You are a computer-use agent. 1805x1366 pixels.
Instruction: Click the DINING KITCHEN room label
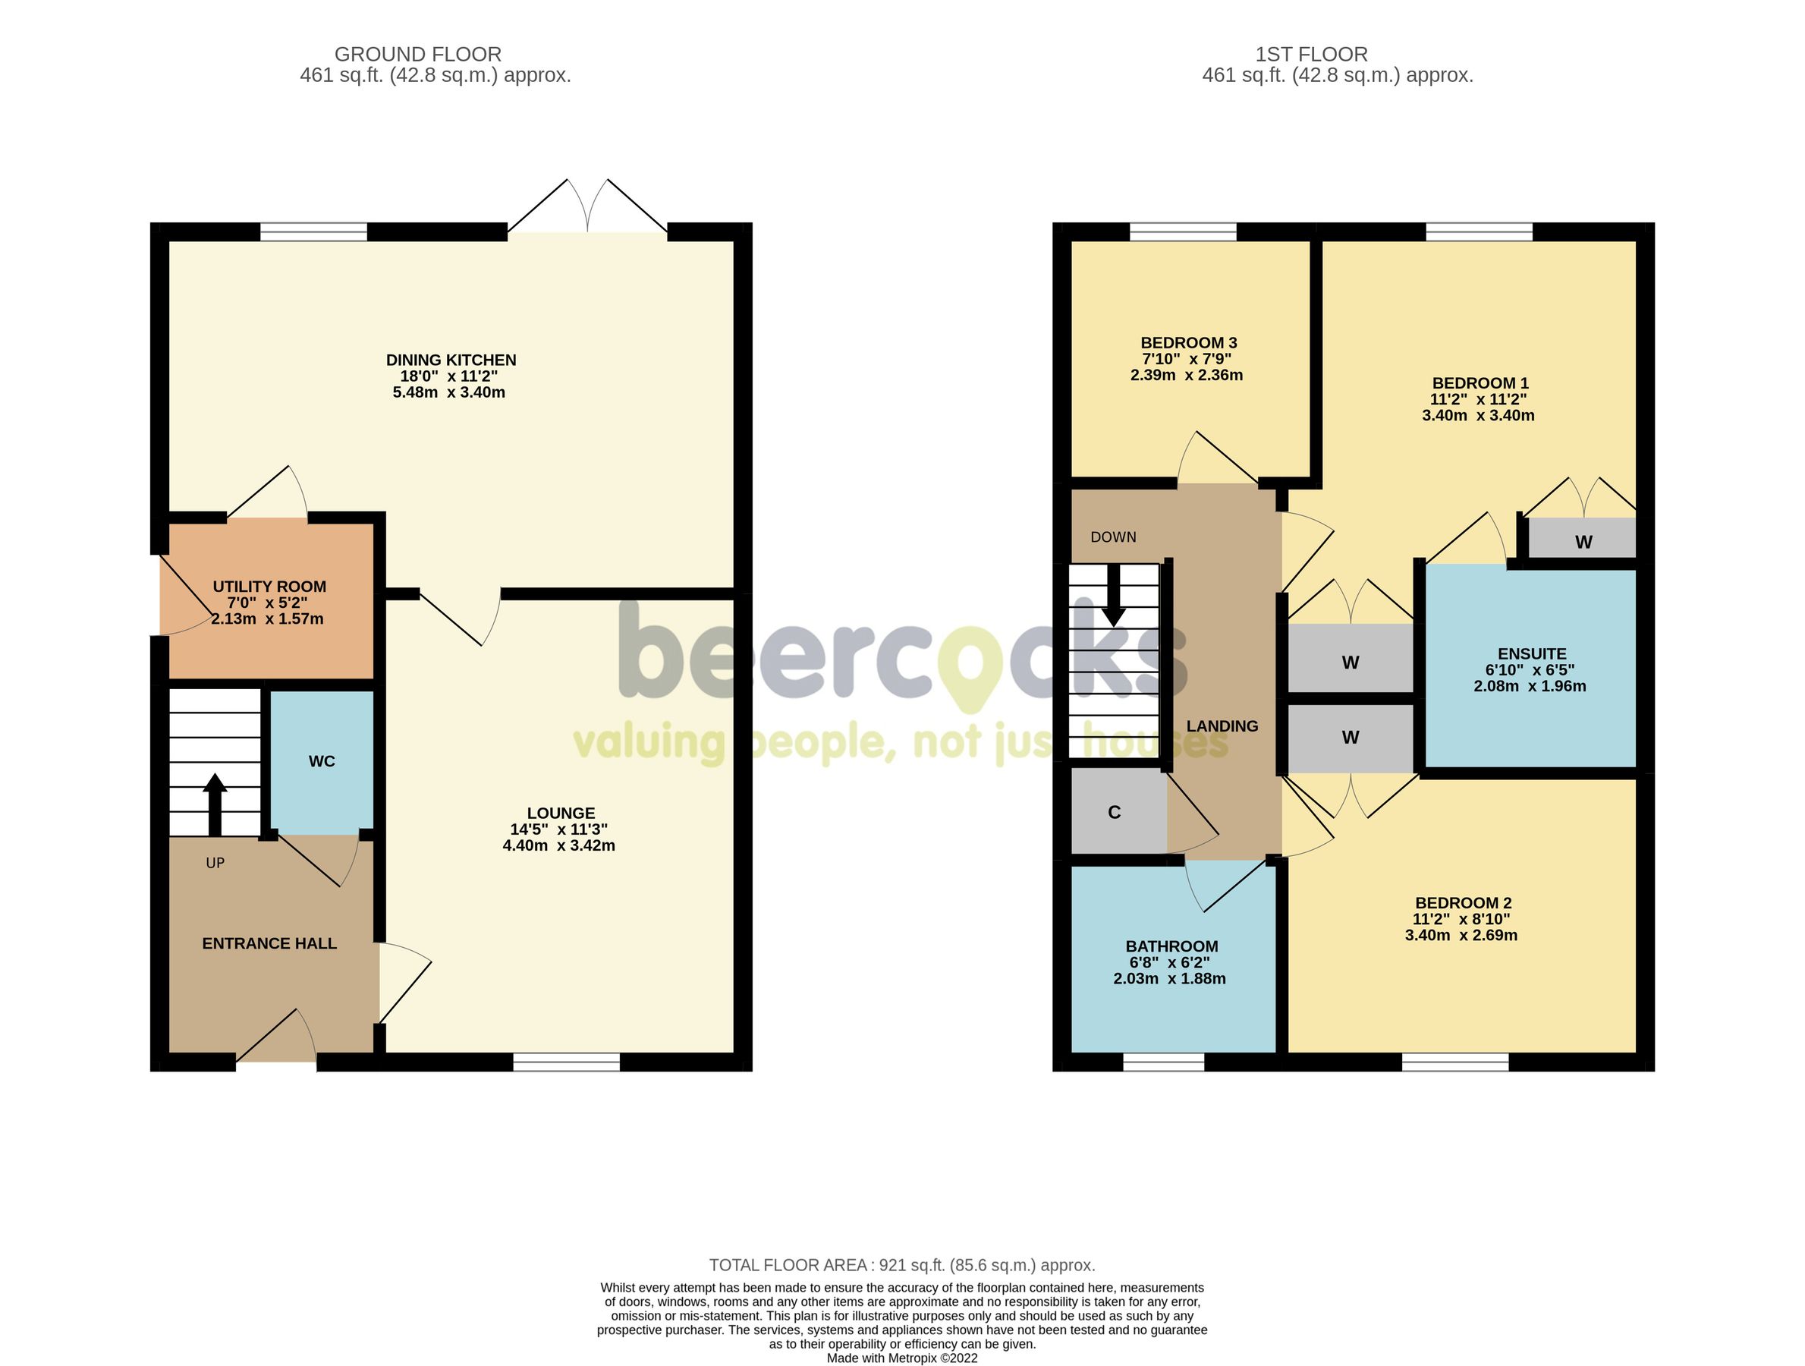[451, 360]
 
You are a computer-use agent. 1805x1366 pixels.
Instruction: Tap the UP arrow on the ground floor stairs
[215, 804]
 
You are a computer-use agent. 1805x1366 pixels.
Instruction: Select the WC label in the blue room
[322, 761]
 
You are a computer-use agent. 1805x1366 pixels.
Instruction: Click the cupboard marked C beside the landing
[1114, 812]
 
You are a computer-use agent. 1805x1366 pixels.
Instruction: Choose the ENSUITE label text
[1532, 653]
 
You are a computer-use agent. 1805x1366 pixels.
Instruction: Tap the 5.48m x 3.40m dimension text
[449, 392]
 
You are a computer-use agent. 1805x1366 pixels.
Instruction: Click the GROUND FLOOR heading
[418, 55]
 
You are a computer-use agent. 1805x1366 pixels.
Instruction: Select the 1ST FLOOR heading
[1310, 55]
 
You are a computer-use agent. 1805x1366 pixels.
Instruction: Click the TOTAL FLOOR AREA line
[901, 1265]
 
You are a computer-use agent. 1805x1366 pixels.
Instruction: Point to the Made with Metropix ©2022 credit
[901, 1358]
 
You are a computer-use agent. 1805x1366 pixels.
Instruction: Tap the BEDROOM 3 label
[1188, 343]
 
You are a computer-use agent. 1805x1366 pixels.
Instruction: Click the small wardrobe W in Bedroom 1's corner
[1583, 542]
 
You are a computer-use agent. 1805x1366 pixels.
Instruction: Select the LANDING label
[1222, 726]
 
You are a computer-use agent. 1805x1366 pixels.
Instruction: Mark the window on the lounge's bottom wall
[566, 1061]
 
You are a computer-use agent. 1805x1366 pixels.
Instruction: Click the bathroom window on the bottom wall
[1163, 1061]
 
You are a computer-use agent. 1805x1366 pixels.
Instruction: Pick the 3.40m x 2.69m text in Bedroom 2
[1461, 935]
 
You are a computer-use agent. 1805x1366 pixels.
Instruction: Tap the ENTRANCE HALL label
[269, 943]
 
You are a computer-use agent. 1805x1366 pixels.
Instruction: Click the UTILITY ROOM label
[269, 587]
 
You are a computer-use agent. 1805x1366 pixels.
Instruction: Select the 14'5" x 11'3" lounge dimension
[559, 829]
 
